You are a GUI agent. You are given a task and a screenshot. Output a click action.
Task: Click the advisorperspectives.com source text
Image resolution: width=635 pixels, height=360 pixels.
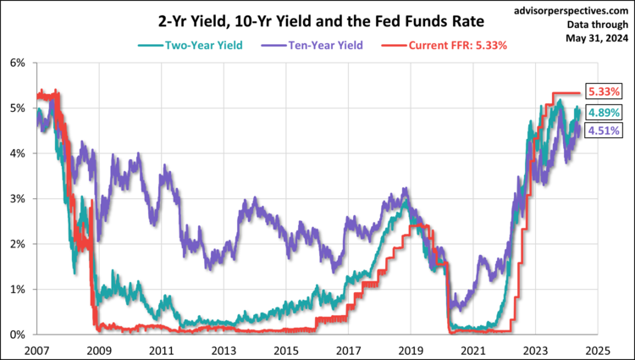pos(571,9)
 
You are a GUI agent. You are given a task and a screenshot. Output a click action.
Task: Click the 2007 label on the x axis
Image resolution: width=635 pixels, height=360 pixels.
pos(36,349)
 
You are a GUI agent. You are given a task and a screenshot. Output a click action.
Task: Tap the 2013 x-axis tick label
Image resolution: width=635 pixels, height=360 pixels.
pos(224,349)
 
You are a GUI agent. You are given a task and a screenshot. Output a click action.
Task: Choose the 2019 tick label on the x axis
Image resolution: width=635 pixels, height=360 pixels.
pos(410,349)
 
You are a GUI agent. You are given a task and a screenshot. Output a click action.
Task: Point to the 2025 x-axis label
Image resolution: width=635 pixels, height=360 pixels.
pos(596,349)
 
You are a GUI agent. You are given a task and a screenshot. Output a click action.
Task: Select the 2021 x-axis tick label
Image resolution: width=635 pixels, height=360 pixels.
pos(472,349)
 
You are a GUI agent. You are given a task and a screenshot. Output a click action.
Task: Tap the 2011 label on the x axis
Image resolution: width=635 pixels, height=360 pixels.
pos(161,349)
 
